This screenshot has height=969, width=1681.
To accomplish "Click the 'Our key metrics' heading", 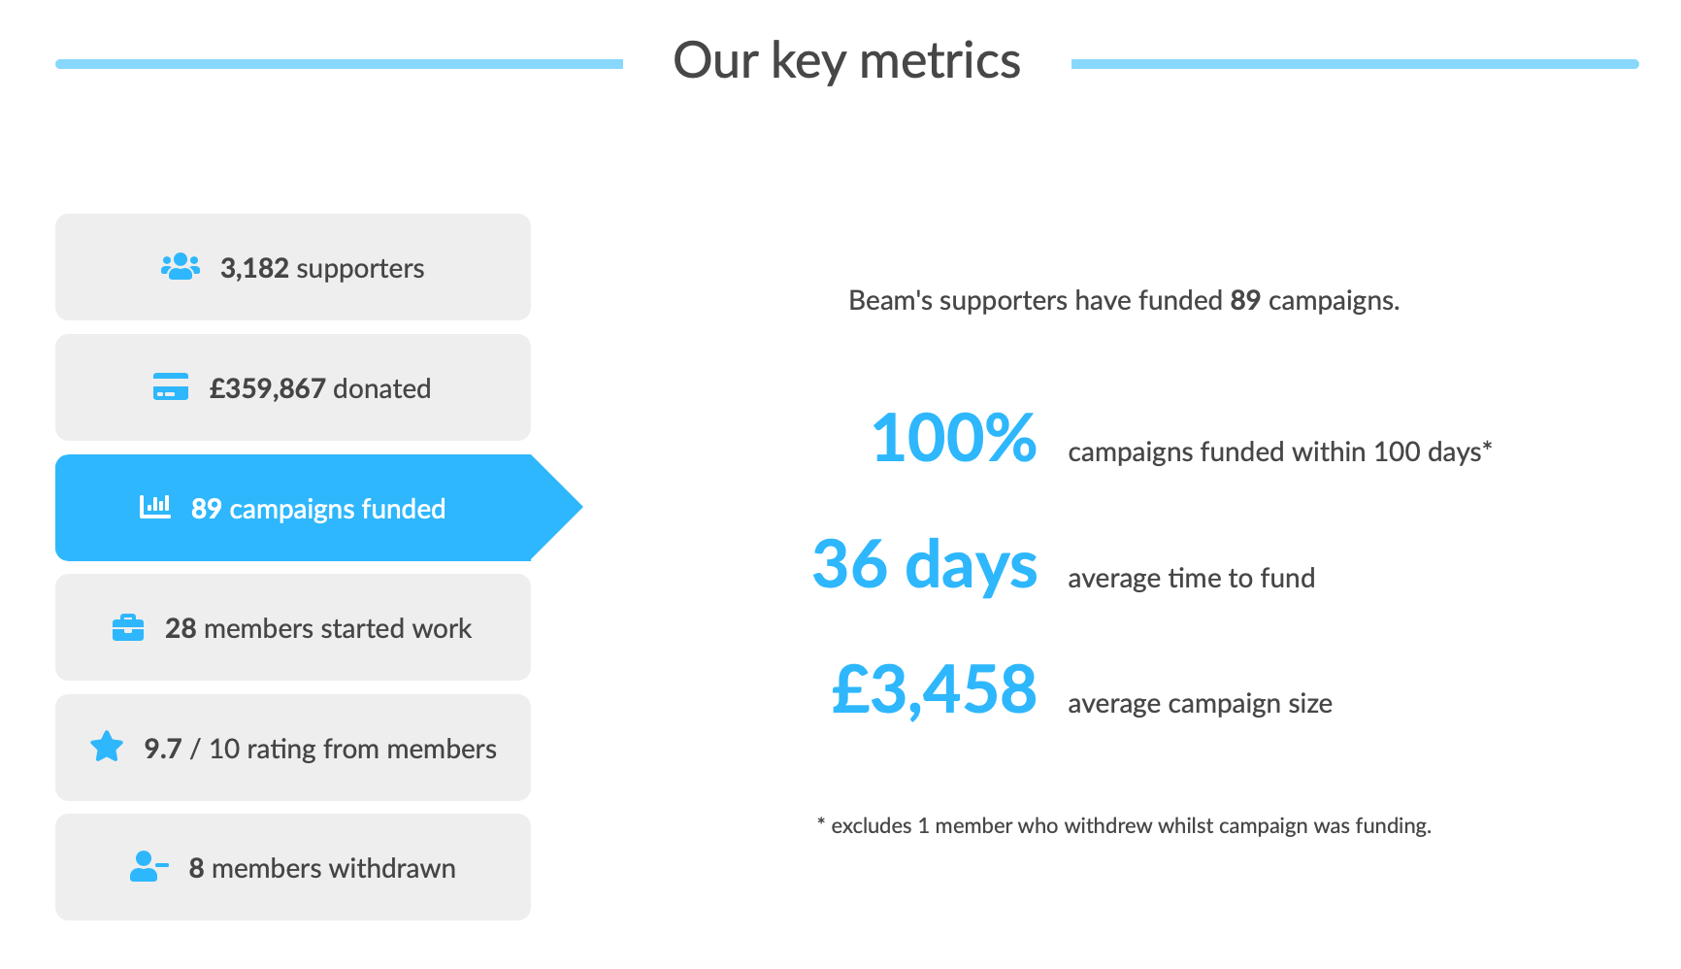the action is tap(846, 61).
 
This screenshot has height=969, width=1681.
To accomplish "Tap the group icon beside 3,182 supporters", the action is tap(181, 267).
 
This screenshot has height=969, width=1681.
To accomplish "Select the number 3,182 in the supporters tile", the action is tap(254, 268).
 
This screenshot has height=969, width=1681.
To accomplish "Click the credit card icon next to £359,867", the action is tap(171, 386).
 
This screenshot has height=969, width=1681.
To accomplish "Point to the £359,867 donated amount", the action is tap(268, 388).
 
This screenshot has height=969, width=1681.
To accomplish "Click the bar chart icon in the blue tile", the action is tap(155, 506).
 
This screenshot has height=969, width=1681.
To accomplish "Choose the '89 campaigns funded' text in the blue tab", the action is tap(318, 509).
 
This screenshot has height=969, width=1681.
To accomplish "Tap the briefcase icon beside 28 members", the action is tap(128, 628).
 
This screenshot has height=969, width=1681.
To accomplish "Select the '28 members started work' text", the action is tap(318, 628).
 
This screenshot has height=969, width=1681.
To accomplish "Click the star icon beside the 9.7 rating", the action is tap(107, 747).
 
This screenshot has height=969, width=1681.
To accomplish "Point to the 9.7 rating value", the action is tap(163, 749).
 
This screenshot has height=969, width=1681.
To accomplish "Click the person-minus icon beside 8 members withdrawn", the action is tap(148, 866).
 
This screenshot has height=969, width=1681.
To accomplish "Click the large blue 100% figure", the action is tap(954, 438).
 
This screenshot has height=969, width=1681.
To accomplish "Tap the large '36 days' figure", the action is tap(925, 564).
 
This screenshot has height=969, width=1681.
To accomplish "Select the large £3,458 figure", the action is tap(935, 690).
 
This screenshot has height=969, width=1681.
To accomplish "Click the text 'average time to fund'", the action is tap(1192, 578).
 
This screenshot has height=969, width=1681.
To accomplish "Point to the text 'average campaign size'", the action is tap(1200, 703).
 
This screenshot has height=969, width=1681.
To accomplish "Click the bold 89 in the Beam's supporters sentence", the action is tap(1245, 300).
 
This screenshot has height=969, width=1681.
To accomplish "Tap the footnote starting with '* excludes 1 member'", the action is tap(1124, 825).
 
